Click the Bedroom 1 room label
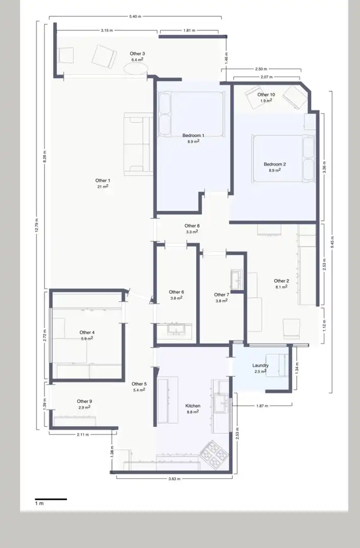[193, 135]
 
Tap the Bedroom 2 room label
[275, 164]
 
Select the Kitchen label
[193, 406]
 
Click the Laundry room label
[261, 365]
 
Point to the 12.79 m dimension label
[37, 225]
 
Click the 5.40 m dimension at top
[135, 16]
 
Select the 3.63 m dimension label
[174, 479]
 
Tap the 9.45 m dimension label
[333, 242]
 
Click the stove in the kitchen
[213, 455]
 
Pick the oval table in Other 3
[135, 68]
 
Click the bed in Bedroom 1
[190, 114]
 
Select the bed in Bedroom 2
[283, 158]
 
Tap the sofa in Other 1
[138, 144]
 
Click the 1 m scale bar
[51, 499]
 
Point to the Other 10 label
[266, 94]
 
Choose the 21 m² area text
[102, 187]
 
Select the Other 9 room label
[85, 401]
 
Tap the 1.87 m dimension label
[262, 406]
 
